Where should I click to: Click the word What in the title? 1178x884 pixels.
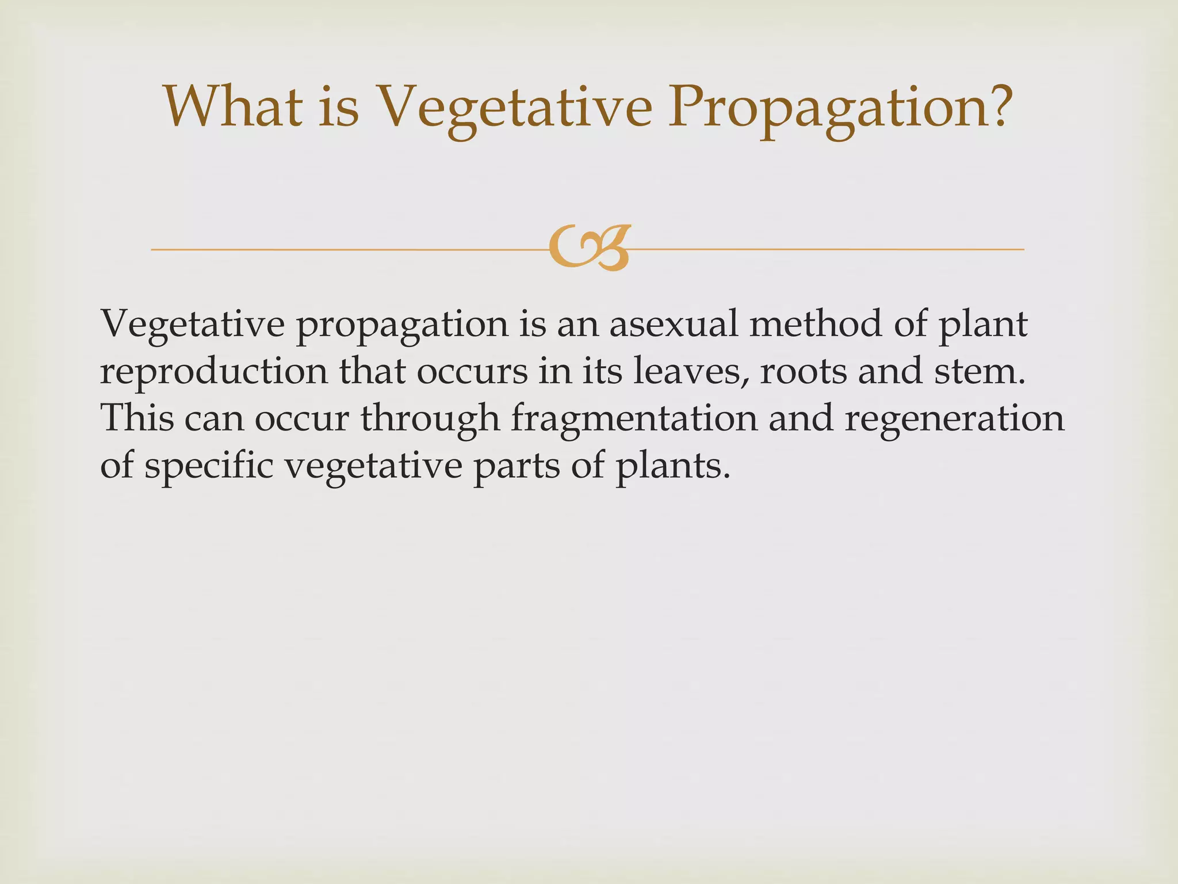(233, 107)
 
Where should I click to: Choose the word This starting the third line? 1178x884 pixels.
(137, 418)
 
